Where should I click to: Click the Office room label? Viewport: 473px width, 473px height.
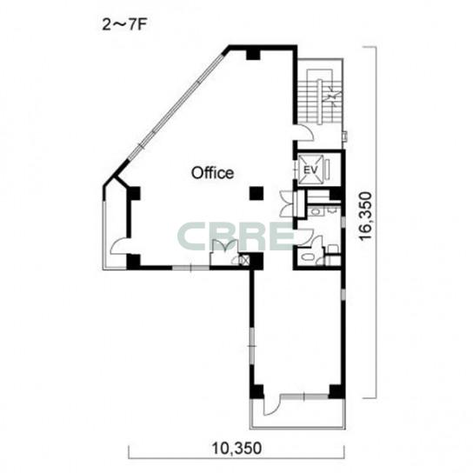212,173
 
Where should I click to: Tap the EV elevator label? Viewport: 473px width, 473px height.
310,170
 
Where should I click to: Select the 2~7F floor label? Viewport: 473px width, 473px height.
124,25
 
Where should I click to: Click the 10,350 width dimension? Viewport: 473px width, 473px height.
236,449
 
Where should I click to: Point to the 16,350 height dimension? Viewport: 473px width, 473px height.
365,216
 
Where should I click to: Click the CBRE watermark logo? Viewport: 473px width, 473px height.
236,236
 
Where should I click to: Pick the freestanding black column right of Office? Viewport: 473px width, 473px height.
256,193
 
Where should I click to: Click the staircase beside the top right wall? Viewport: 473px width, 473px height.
321,97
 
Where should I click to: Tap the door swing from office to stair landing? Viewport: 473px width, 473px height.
305,133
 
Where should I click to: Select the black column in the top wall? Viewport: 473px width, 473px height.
253,54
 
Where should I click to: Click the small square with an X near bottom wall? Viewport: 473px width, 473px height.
244,260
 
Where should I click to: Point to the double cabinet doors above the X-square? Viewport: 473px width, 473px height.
224,245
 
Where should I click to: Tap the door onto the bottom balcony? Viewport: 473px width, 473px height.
272,407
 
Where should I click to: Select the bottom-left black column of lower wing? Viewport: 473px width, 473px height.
256,391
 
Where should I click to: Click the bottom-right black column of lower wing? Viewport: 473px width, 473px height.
336,391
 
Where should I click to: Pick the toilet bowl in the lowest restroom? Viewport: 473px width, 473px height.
309,257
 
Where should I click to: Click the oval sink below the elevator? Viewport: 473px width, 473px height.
316,212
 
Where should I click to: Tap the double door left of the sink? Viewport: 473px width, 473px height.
287,204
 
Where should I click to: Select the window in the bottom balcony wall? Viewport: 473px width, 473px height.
304,396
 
